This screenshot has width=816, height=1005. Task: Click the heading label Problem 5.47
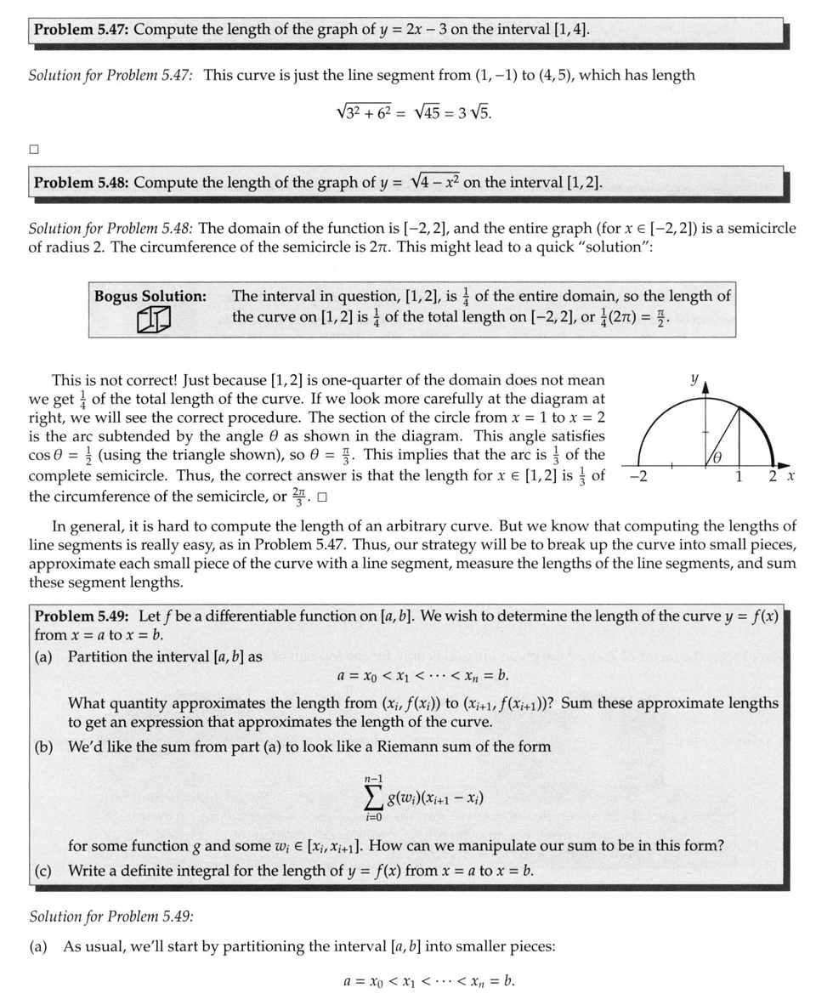[82, 30]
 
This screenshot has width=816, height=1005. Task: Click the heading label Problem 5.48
[82, 182]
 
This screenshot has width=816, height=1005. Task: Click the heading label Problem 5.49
[82, 616]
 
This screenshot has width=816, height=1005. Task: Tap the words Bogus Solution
[150, 296]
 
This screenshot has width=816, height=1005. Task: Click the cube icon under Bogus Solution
[154, 321]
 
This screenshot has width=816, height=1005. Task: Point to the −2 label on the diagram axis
[638, 477]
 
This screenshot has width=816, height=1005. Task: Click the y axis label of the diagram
[694, 379]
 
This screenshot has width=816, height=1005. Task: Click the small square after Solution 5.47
[34, 149]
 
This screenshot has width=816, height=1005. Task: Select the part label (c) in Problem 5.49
[43, 871]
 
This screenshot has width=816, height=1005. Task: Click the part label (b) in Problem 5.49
[43, 747]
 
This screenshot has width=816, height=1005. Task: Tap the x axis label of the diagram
[790, 477]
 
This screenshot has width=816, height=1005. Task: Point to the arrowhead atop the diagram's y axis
[705, 389]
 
